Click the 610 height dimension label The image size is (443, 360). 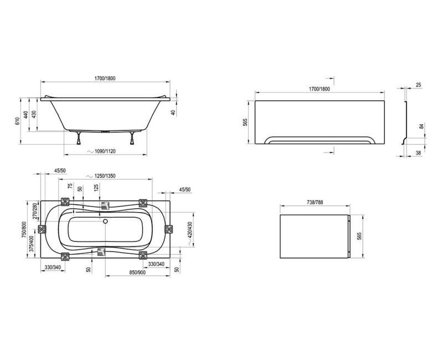tap(17, 121)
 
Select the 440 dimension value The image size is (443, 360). tap(25, 115)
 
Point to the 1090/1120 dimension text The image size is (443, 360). tap(105, 151)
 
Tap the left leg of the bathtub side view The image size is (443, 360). tap(79, 138)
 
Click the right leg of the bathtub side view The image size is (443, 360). tap(132, 138)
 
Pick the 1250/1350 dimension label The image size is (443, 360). tap(105, 176)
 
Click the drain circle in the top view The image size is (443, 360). tap(105, 221)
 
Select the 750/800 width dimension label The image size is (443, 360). tap(24, 229)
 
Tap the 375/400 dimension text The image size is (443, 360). tap(32, 244)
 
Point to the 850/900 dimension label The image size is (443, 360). tap(137, 272)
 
